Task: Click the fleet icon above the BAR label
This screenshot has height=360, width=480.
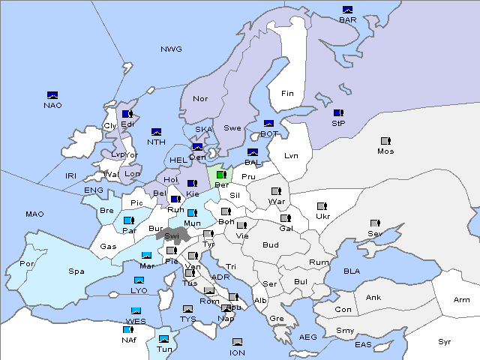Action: (x=347, y=10)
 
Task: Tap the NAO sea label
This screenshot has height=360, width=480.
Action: (x=52, y=105)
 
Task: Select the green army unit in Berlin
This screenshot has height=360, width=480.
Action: (x=220, y=175)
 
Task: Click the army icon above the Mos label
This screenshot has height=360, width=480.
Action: (x=385, y=141)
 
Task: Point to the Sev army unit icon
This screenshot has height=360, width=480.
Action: (x=374, y=223)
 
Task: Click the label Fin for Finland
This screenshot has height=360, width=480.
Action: (x=287, y=94)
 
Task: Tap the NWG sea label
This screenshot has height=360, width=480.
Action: (x=171, y=49)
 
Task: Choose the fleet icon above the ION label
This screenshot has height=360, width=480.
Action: (x=237, y=342)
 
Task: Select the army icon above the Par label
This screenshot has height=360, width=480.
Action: (x=128, y=220)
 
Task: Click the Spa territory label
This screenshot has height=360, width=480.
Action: (x=76, y=271)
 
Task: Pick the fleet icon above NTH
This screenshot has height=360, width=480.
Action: (x=157, y=132)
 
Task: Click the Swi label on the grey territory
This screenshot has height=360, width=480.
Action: (x=172, y=235)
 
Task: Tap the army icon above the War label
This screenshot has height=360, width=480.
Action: (x=276, y=191)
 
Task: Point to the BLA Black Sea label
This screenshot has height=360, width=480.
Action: (x=352, y=271)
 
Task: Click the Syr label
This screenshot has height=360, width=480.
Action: (x=445, y=341)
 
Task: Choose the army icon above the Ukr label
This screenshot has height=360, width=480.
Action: (x=322, y=206)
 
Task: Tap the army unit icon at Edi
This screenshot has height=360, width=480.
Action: (x=127, y=115)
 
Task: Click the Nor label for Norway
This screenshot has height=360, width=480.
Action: (x=200, y=98)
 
